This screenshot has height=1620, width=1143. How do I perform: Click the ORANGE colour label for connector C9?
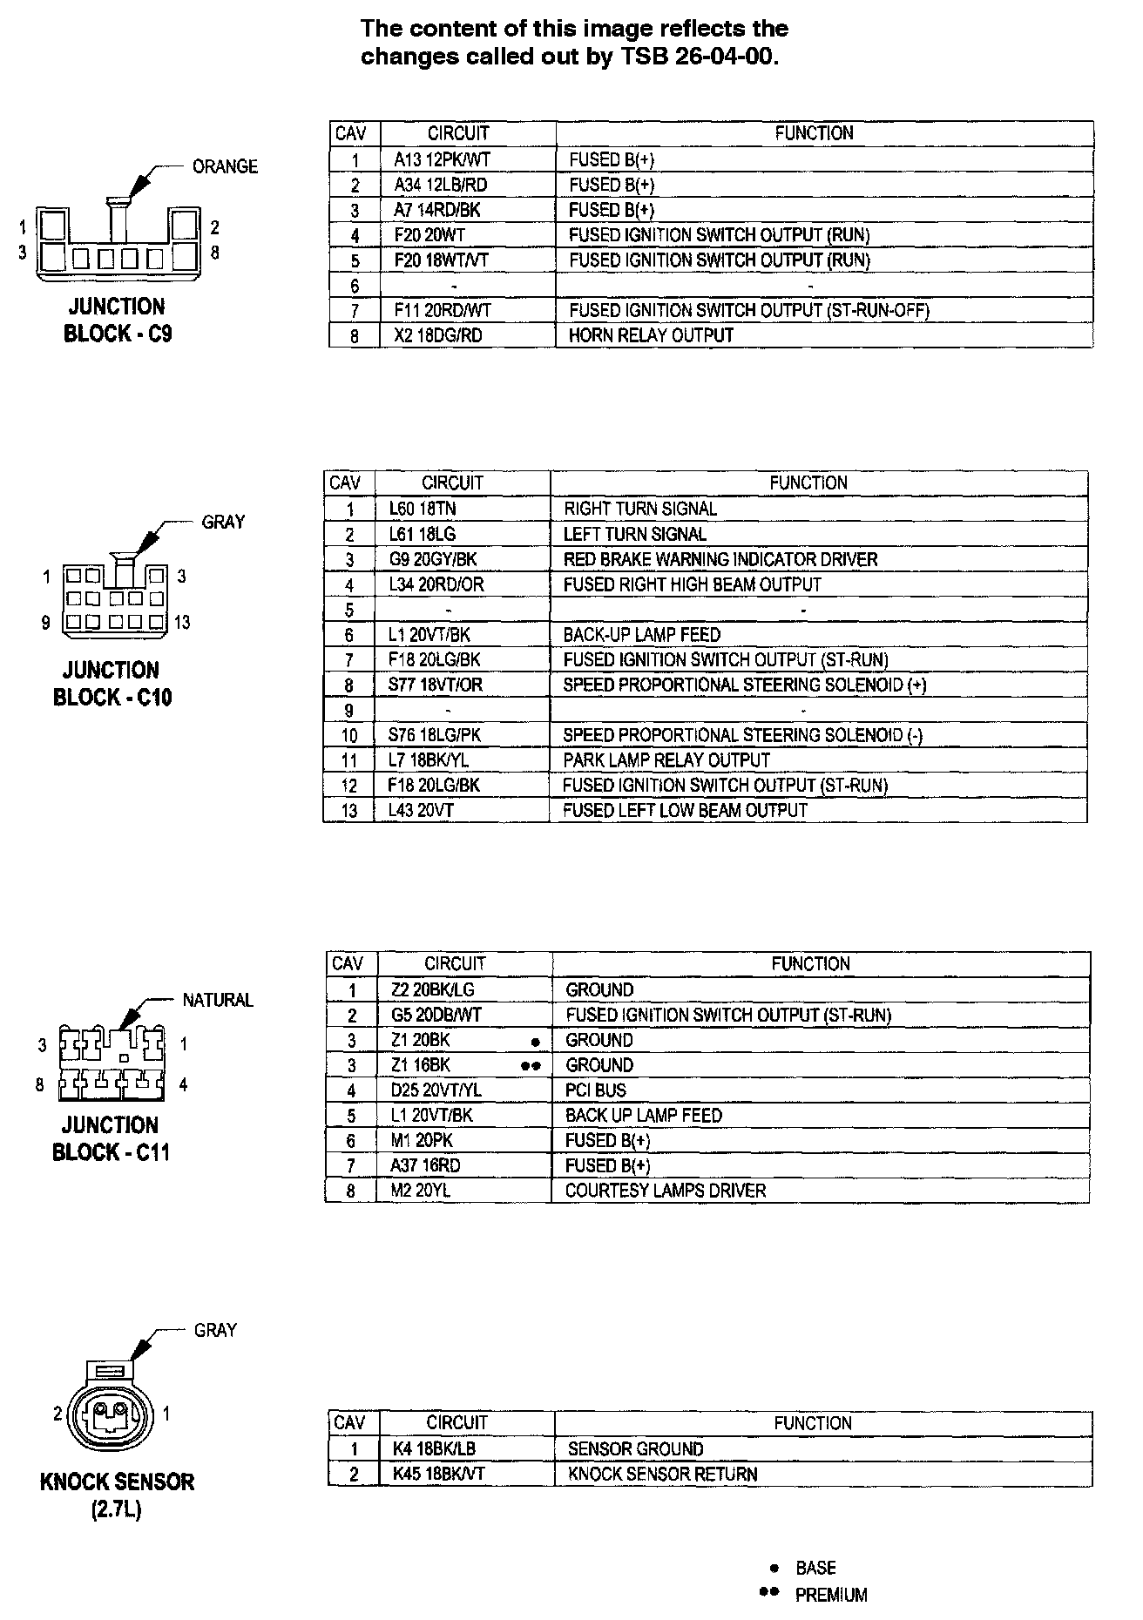[225, 166]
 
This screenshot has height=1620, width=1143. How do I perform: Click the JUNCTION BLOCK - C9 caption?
[117, 321]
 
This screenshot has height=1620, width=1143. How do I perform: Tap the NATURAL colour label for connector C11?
[218, 1001]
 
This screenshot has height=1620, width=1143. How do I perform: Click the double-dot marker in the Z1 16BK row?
[531, 1066]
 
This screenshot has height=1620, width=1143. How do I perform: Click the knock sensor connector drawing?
[111, 1413]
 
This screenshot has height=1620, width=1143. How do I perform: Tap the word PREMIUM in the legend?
[831, 1596]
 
